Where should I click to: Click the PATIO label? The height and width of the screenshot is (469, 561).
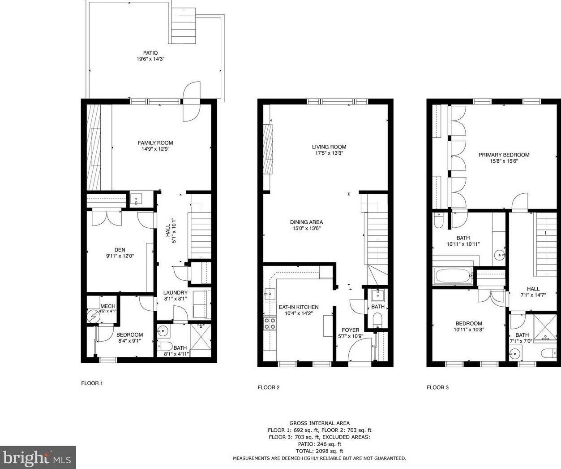150,53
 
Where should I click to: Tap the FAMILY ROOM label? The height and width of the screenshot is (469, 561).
155,143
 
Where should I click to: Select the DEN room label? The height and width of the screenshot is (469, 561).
120,250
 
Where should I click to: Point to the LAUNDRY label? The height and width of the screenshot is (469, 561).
175,293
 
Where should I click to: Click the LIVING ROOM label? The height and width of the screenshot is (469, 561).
329,147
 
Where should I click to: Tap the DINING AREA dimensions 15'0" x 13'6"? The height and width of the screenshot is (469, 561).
306,228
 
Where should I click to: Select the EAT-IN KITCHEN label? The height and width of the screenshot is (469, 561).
299,307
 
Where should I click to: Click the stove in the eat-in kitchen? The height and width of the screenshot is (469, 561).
270,323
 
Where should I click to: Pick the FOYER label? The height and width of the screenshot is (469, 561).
350,330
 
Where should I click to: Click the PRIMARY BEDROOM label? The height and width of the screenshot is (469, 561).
504,155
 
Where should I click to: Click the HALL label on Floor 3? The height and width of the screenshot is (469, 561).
533,289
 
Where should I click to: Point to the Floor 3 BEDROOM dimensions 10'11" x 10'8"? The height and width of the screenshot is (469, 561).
469,330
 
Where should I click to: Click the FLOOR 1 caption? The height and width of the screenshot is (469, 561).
92,383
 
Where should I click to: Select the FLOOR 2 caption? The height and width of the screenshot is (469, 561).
269,387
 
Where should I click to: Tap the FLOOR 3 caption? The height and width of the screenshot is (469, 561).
437,387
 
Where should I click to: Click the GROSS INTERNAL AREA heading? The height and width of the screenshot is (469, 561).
319,423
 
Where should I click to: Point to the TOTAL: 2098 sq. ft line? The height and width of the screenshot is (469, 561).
319,451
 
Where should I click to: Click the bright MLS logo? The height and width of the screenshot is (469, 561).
38,458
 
